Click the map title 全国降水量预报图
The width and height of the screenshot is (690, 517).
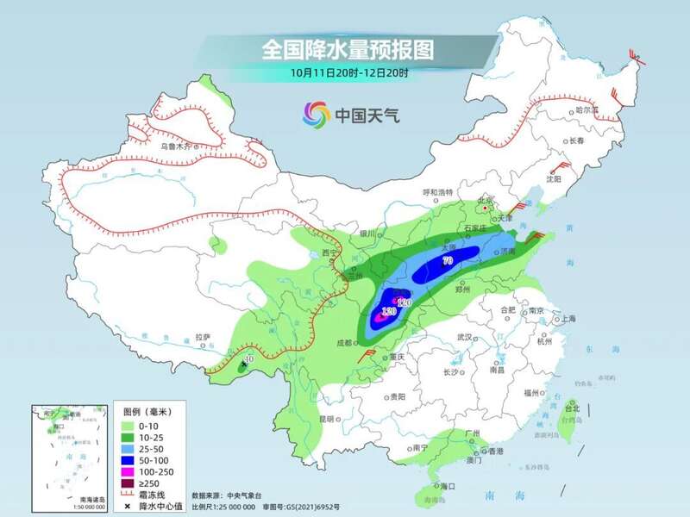click(348, 49)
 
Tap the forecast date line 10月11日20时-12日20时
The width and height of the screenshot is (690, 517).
click(348, 73)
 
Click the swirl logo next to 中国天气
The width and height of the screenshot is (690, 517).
click(316, 113)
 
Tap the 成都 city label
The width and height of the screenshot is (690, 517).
click(343, 343)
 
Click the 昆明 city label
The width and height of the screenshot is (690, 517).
click(326, 419)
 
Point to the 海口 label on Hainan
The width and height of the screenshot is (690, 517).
click(447, 487)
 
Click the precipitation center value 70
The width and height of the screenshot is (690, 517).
click(447, 260)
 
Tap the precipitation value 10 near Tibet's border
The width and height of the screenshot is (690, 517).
click(249, 359)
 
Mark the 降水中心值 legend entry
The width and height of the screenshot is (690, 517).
click(155, 506)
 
